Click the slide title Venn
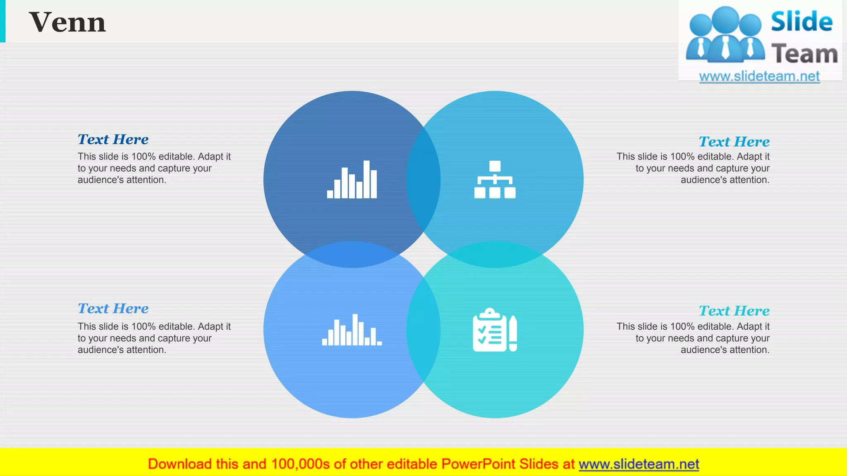tap(67, 22)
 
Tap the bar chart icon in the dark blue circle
tap(352, 180)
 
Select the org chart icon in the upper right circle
tap(495, 180)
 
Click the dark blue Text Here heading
tap(113, 140)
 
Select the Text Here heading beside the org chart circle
tap(734, 142)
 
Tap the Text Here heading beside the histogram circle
tap(113, 309)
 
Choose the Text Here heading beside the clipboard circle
tap(734, 311)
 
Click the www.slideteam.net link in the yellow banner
tap(639, 464)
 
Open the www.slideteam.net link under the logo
tap(759, 76)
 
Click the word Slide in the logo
tap(802, 22)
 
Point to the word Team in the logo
tap(804, 54)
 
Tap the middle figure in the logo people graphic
tap(726, 35)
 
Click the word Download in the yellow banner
tap(179, 464)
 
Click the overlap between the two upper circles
tap(423, 180)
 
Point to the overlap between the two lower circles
tap(423, 330)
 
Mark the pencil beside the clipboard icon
tap(513, 333)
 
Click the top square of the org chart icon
tap(495, 166)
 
